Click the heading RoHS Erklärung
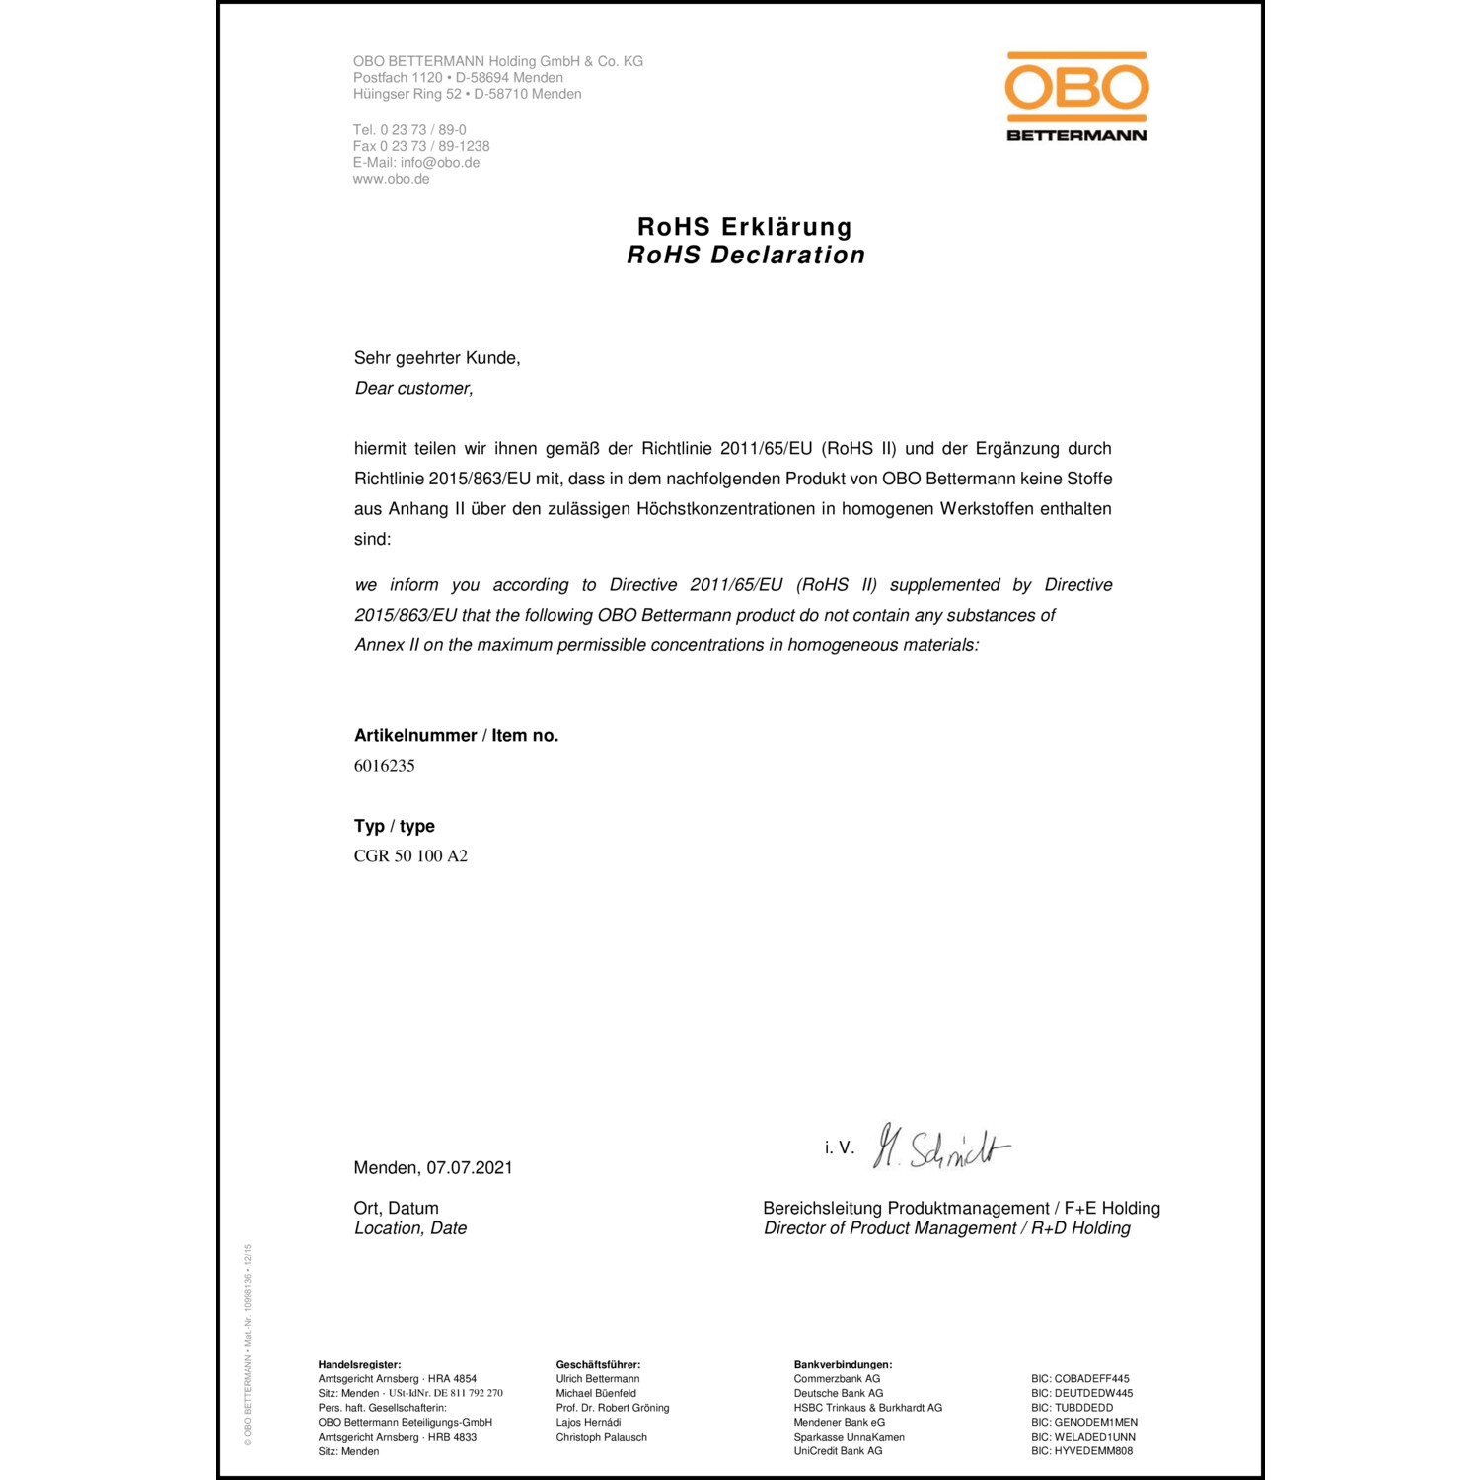click(x=745, y=227)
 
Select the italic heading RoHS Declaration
click(x=746, y=256)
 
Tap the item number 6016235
click(x=385, y=766)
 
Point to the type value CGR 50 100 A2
click(x=410, y=856)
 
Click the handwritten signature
click(x=942, y=1147)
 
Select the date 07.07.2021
click(x=470, y=1168)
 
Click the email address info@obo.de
click(x=440, y=163)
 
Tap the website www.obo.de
click(x=391, y=180)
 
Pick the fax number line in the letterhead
click(x=421, y=146)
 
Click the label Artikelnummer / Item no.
click(x=456, y=736)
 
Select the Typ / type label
click(x=395, y=827)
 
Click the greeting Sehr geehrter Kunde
click(x=437, y=358)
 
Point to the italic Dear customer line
click(x=414, y=389)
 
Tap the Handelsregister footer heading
click(x=359, y=1365)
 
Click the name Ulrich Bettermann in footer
click(x=598, y=1379)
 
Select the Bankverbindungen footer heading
click(x=843, y=1365)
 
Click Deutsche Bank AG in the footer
click(x=839, y=1394)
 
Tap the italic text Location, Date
click(x=410, y=1228)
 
